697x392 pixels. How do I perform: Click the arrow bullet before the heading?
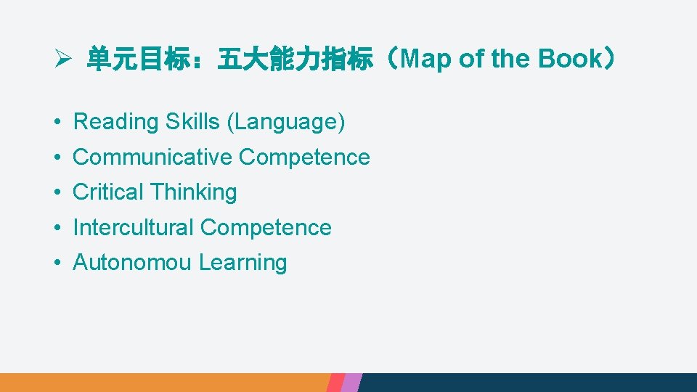[62, 60]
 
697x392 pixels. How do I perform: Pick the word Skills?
[193, 122]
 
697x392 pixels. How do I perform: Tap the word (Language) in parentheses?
[286, 122]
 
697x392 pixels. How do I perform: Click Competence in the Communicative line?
[304, 157]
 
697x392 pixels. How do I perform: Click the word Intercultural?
[134, 227]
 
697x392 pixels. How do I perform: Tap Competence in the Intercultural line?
[266, 227]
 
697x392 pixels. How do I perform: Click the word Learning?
[243, 263]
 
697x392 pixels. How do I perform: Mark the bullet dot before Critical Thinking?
[57, 193]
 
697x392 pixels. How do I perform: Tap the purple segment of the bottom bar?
[351, 383]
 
